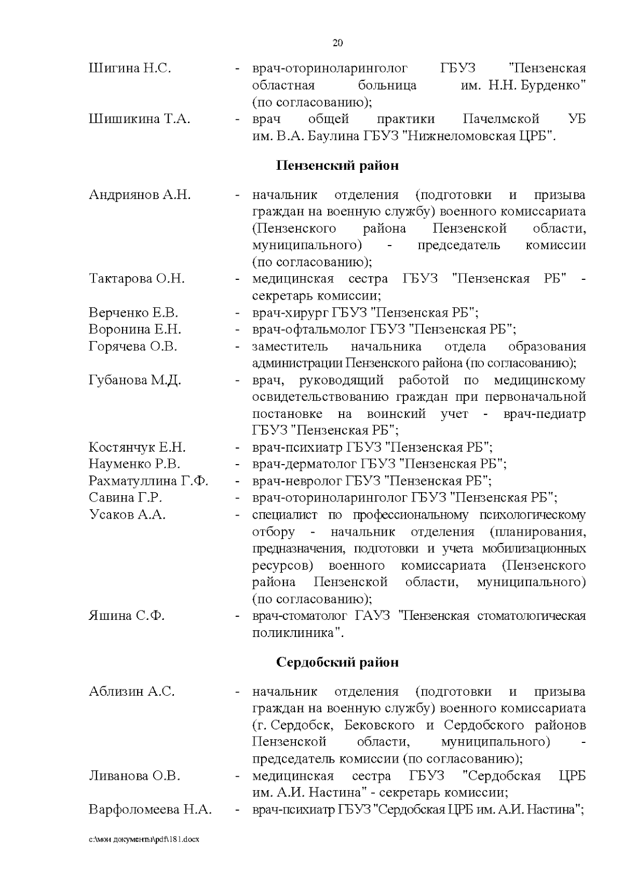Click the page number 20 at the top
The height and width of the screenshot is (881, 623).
coord(337,43)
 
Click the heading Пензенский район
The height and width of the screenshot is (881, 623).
coord(337,166)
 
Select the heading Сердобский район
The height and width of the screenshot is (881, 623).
coord(337,662)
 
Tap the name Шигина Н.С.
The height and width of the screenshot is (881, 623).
coord(130,68)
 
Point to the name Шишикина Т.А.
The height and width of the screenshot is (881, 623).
coord(140,119)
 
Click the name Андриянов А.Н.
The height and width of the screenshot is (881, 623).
coord(140,195)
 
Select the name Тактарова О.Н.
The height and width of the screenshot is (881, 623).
coord(137,279)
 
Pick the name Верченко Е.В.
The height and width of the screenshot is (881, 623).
coord(133,313)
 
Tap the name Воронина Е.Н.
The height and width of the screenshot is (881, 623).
coord(135,330)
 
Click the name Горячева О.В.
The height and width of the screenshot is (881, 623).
coord(133,346)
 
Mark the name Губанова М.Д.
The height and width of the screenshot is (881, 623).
coord(135,381)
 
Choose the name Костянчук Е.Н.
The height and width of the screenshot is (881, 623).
coord(137,448)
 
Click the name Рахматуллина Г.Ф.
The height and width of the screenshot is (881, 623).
coord(148,481)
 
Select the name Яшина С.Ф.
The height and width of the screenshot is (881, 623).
coord(127,616)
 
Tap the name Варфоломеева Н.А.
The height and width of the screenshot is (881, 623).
coord(150,810)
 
